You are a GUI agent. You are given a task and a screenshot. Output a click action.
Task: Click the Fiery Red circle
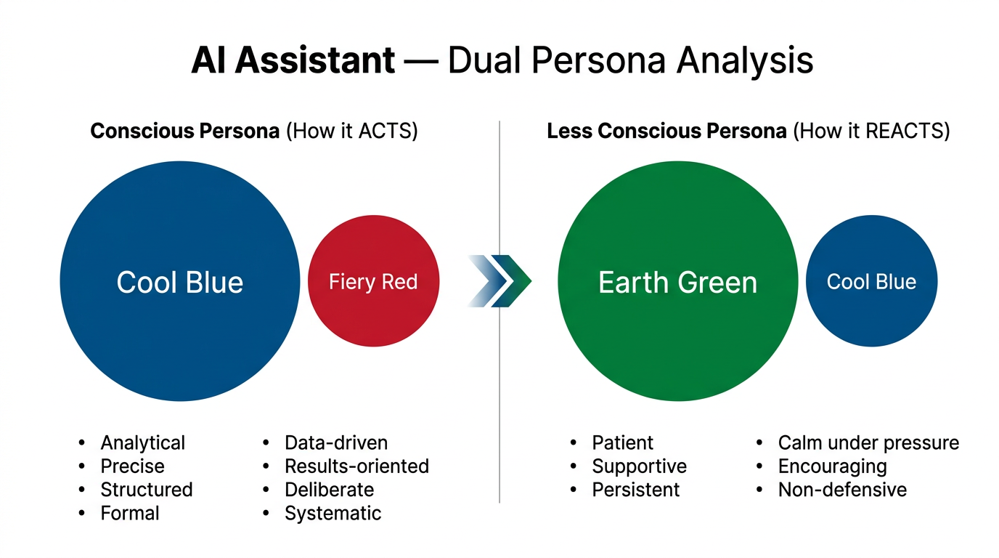pyautogui.click(x=373, y=281)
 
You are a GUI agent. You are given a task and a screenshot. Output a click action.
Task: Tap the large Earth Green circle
pyautogui.click(x=677, y=281)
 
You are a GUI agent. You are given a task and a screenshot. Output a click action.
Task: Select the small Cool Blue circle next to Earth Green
pyautogui.click(x=871, y=281)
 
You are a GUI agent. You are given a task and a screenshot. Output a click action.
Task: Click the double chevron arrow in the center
pyautogui.click(x=501, y=281)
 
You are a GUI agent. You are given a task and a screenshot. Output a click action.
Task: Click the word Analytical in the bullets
pyautogui.click(x=142, y=442)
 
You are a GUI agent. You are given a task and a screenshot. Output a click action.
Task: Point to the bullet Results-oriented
pyautogui.click(x=356, y=466)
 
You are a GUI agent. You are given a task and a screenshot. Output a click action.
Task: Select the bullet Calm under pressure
pyautogui.click(x=868, y=442)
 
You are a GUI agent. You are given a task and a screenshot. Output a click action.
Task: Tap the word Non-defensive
pyautogui.click(x=842, y=490)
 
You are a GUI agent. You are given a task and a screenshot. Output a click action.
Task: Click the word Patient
pyautogui.click(x=622, y=442)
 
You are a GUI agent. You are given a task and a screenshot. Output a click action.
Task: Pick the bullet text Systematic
pyautogui.click(x=333, y=513)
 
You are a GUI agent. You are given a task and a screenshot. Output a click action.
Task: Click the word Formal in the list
pyautogui.click(x=130, y=513)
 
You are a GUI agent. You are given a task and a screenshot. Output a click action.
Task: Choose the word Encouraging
pyautogui.click(x=832, y=466)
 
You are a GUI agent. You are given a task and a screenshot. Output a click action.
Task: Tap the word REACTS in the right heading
pyautogui.click(x=908, y=132)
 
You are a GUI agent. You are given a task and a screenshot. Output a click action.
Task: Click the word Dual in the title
pyautogui.click(x=483, y=60)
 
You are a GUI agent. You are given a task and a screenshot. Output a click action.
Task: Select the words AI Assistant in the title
pyautogui.click(x=293, y=60)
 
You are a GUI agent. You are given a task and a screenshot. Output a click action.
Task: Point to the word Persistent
pyautogui.click(x=635, y=490)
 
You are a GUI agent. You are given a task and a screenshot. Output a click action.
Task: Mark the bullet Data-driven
pyautogui.click(x=336, y=442)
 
